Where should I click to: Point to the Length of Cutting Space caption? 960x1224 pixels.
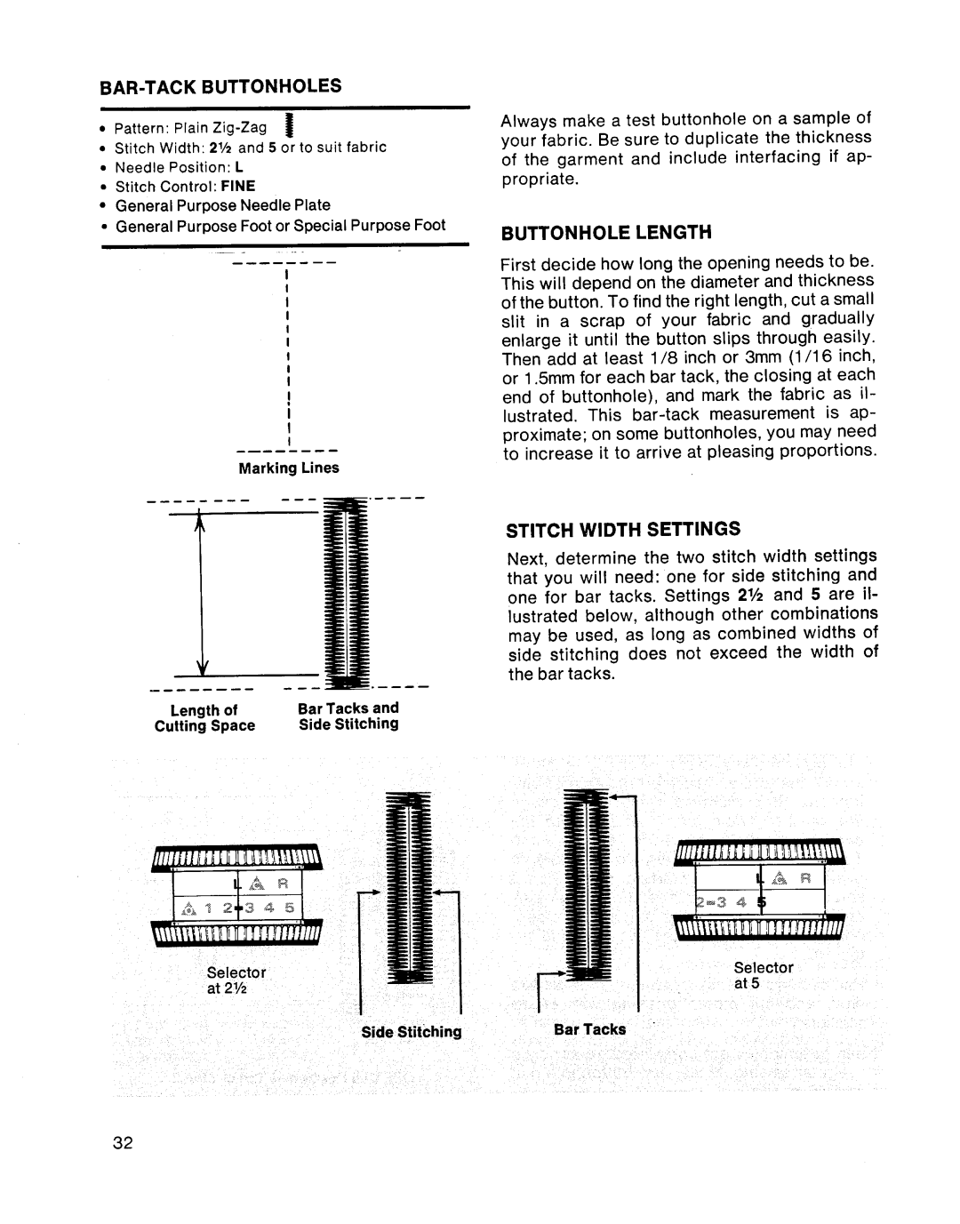click(x=204, y=718)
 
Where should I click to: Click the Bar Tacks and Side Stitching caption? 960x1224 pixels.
click(x=348, y=716)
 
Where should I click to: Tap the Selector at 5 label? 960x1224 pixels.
click(x=764, y=975)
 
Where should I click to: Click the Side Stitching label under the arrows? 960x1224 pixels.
click(x=411, y=1032)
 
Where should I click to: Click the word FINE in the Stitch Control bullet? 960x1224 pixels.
click(x=238, y=186)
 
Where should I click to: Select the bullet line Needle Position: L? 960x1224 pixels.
click(x=179, y=167)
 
